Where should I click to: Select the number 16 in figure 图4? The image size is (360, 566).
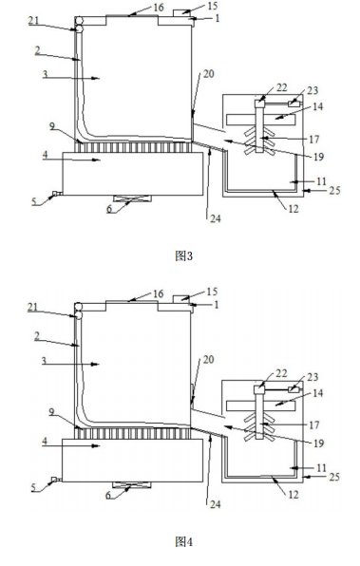(159, 295)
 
